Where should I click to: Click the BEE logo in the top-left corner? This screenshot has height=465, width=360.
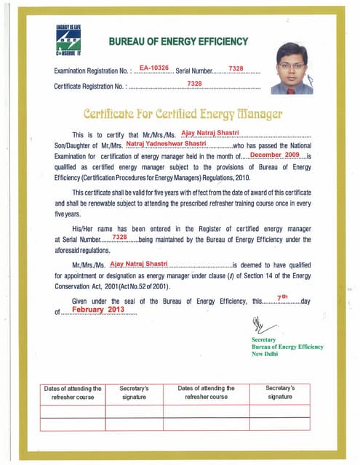(x=68, y=42)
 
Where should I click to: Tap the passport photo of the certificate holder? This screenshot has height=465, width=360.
(x=296, y=68)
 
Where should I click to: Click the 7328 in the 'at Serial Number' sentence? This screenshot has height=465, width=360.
(x=120, y=238)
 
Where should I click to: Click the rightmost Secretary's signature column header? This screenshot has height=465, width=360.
(x=280, y=392)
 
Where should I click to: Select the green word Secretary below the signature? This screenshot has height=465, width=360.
(x=263, y=339)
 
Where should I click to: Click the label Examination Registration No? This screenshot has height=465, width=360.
(x=89, y=72)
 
